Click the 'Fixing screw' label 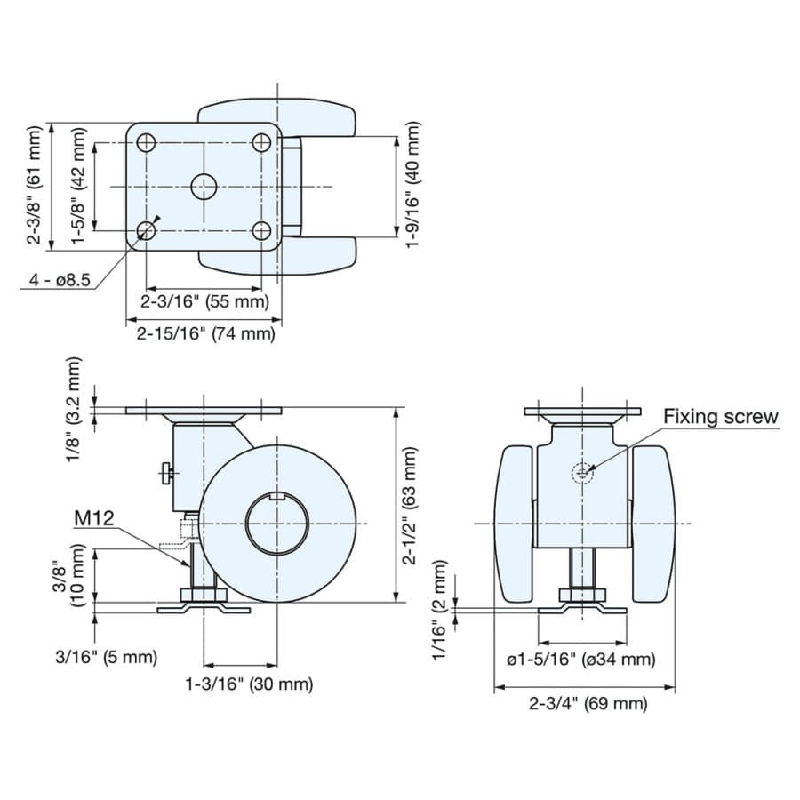pos(720,417)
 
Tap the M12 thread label pos(94,518)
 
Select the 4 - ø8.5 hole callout pos(60,280)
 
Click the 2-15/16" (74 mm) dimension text pos(205,333)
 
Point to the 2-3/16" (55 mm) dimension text pos(204,301)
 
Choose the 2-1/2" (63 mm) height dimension pos(410,505)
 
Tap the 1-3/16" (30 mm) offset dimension pos(249,684)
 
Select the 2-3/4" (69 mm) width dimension pos(588,704)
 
